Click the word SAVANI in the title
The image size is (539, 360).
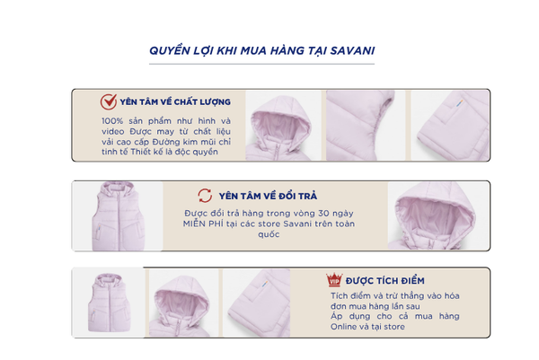352,51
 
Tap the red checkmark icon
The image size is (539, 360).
109,102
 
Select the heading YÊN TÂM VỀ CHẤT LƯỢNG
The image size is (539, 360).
175,102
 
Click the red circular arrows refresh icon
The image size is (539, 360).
205,196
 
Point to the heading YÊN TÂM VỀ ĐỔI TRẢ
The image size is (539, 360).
268,196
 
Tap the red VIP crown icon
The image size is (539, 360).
334,280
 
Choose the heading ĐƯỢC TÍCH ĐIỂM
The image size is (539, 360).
385,281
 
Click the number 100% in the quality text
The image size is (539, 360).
112,121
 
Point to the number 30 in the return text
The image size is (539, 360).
323,214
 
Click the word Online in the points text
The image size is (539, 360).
344,327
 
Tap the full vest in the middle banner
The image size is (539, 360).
118,216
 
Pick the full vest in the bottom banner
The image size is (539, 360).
110,303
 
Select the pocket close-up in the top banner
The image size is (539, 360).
450,126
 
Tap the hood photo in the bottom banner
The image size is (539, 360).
183,303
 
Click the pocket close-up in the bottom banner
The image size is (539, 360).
256,303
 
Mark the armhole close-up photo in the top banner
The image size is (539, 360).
366,126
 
